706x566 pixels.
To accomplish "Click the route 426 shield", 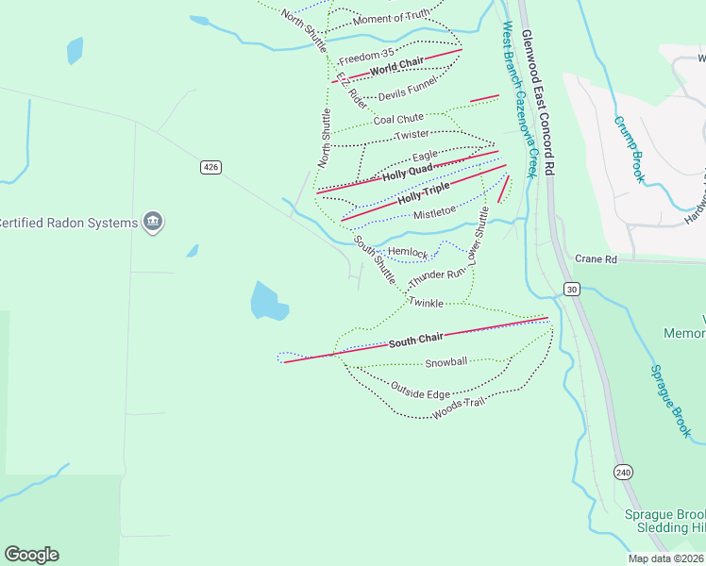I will point(210,167).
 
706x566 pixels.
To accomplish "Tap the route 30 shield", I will point(572,288).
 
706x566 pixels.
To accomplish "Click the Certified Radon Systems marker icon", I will point(153,223).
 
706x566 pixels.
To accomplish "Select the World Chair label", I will point(396,66).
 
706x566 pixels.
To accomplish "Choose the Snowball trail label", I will point(445,362).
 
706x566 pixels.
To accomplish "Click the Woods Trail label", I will point(458,408).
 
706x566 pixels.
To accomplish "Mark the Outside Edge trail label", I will point(420,389).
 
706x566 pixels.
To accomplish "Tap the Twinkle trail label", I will point(426,302).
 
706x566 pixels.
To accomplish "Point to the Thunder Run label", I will point(437,278).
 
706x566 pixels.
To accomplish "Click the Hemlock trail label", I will point(408,253).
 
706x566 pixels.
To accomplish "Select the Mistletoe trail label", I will point(435,213).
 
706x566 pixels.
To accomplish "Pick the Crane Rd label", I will point(595,258).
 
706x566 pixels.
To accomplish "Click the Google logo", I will point(31,555).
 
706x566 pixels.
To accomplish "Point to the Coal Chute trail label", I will point(398,119).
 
